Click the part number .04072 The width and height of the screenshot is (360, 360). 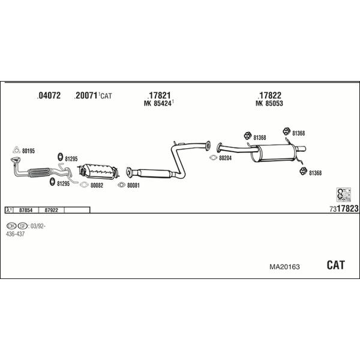[x=49, y=95]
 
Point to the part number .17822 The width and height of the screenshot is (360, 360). [x=269, y=95]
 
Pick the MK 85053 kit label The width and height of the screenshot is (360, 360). [x=269, y=104]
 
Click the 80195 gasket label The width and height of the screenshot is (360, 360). [x=28, y=151]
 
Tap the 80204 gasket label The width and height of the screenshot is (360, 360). [x=224, y=158]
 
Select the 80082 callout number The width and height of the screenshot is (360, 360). [x=97, y=185]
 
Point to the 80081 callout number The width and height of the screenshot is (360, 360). [x=133, y=185]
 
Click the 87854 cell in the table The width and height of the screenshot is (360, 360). [x=26, y=210]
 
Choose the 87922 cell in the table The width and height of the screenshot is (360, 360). [x=52, y=210]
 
